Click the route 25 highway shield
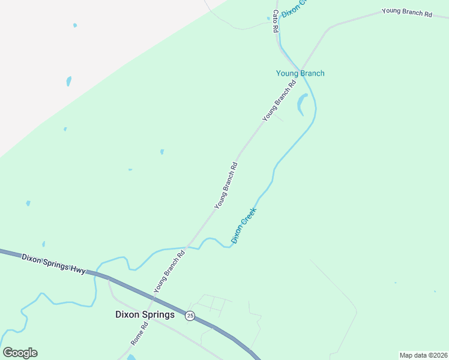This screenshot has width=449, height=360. [x=190, y=316]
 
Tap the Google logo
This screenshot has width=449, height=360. [x=20, y=353]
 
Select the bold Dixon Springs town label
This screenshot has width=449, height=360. [x=145, y=314]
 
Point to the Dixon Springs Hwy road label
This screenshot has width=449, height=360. [x=54, y=263]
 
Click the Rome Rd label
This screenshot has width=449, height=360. [x=139, y=335]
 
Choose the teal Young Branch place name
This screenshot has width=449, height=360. [x=300, y=73]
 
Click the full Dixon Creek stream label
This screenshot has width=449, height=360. [x=244, y=225]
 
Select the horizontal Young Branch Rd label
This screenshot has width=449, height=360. [x=407, y=11]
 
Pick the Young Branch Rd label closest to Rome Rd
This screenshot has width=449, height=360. [x=169, y=271]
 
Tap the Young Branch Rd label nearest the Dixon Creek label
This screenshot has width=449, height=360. [x=227, y=185]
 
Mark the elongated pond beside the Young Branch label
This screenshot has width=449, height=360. [x=301, y=104]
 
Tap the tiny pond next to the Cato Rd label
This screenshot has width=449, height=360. [x=268, y=18]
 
